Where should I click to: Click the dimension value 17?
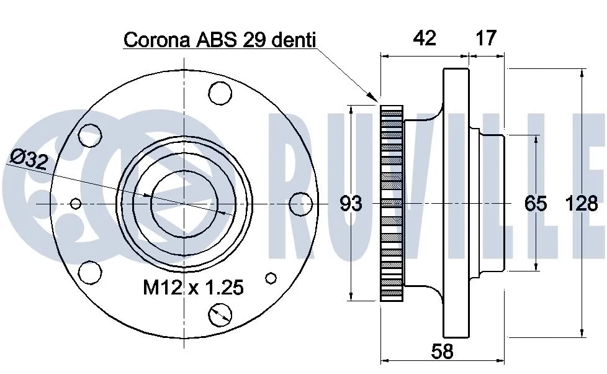486,38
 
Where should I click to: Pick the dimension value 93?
351,203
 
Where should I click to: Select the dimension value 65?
536,203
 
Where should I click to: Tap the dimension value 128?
582,203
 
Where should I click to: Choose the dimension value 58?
442,352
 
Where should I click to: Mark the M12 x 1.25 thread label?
193,288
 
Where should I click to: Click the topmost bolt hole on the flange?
220,93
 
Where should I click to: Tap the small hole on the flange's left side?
76,203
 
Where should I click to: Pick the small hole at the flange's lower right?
271,278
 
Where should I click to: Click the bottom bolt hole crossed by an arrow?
220,315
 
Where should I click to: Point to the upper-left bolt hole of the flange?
90,135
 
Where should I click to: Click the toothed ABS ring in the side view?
392,203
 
